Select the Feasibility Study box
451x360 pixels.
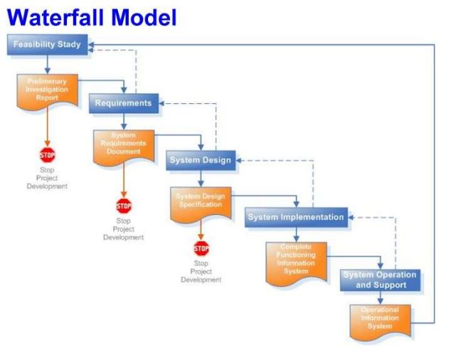pyautogui.click(x=47, y=46)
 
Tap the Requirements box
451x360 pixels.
pyautogui.click(x=123, y=103)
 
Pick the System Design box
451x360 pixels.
pyautogui.click(x=200, y=160)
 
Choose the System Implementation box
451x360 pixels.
pyautogui.click(x=296, y=217)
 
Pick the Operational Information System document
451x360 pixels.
pyautogui.click(x=380, y=319)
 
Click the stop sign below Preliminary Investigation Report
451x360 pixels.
pyautogui.click(x=47, y=155)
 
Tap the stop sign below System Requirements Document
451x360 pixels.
pyautogui.click(x=124, y=206)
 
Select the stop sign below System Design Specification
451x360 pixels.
pyautogui.click(x=201, y=248)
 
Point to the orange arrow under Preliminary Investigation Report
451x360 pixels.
pyautogui.click(x=47, y=132)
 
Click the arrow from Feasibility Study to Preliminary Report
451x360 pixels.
pyautogui.click(x=47, y=65)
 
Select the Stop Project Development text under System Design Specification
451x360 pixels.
pyautogui.click(x=201, y=272)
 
